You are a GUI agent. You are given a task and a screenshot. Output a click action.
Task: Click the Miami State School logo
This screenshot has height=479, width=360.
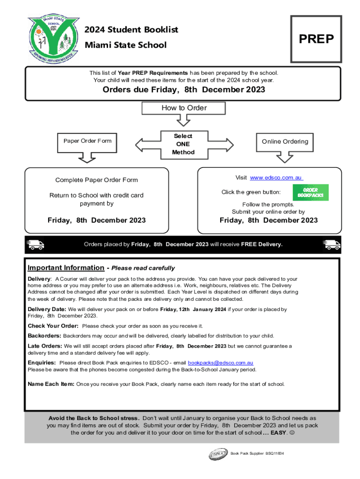[x=52, y=40]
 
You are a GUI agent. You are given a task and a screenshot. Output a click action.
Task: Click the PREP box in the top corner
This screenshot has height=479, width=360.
[x=316, y=39]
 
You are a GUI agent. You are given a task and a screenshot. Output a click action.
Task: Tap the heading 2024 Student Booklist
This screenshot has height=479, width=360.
[x=131, y=30]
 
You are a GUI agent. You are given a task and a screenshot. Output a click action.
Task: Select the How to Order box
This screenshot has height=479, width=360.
[x=184, y=108]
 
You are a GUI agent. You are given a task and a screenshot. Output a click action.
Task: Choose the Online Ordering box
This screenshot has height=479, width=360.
[x=285, y=142]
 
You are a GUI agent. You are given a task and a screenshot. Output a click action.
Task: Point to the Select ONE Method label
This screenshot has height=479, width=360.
[x=183, y=144]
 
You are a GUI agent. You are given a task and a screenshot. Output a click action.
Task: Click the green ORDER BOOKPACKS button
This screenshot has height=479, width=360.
[x=310, y=192]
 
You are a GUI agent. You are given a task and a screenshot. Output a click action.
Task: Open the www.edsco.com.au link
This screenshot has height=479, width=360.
[x=276, y=178]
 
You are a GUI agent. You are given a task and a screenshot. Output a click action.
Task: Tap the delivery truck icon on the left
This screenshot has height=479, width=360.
[x=36, y=244]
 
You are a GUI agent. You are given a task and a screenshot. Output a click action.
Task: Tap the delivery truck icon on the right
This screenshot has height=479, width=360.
[x=332, y=244]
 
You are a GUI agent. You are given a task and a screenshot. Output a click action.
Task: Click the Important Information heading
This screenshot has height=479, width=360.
[x=66, y=268]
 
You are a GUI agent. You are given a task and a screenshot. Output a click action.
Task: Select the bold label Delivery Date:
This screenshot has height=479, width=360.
[x=47, y=309]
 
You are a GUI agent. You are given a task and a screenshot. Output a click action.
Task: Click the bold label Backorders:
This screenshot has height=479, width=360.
[x=44, y=336]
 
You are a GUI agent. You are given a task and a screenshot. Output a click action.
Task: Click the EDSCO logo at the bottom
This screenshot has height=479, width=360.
[x=218, y=454]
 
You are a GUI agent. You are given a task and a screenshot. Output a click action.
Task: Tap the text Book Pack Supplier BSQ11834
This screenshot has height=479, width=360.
[x=257, y=454]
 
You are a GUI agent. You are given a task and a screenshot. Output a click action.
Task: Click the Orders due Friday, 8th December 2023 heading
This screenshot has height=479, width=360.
[x=184, y=90]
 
